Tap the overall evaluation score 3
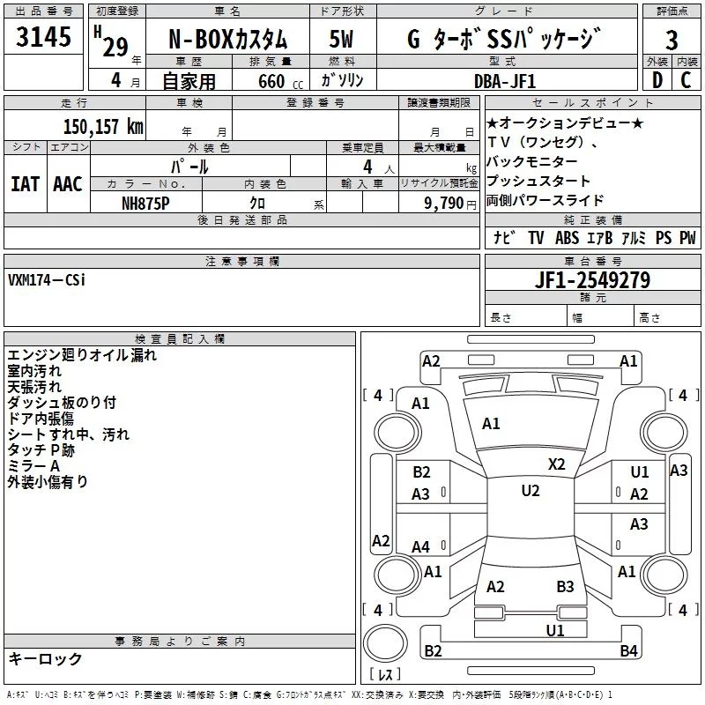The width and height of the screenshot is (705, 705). click(x=672, y=41)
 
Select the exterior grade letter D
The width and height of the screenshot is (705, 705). click(x=657, y=79)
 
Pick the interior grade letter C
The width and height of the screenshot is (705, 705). click(x=686, y=79)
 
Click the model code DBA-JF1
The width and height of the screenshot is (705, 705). click(x=503, y=80)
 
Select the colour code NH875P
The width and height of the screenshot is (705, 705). click(x=147, y=203)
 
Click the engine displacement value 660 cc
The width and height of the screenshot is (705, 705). click(x=271, y=81)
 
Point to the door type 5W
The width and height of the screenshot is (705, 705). click(x=341, y=41)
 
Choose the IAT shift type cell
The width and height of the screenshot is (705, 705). click(x=26, y=183)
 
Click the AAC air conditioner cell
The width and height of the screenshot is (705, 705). click(x=68, y=183)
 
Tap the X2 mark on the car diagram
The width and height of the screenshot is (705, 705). click(x=557, y=464)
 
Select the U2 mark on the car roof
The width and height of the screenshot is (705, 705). click(x=530, y=491)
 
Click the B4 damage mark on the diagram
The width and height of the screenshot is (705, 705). click(x=628, y=651)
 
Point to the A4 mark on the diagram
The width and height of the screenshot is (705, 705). click(x=421, y=547)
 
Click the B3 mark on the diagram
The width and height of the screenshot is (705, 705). click(x=565, y=586)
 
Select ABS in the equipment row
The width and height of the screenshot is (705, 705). click(x=567, y=238)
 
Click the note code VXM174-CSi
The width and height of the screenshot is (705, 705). click(x=48, y=279)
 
